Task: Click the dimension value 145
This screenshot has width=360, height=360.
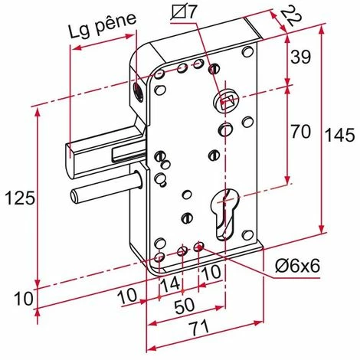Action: point(341,135)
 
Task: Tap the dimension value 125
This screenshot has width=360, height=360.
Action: point(20,198)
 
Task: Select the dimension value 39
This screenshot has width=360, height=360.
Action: point(301,57)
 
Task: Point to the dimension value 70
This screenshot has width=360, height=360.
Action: point(301,132)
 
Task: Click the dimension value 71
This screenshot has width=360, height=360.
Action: point(199,329)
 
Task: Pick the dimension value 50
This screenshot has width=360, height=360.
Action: point(185,306)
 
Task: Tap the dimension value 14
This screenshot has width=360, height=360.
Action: point(170,285)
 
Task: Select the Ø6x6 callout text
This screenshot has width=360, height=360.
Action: point(297,267)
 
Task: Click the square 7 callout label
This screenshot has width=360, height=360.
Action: point(184,11)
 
